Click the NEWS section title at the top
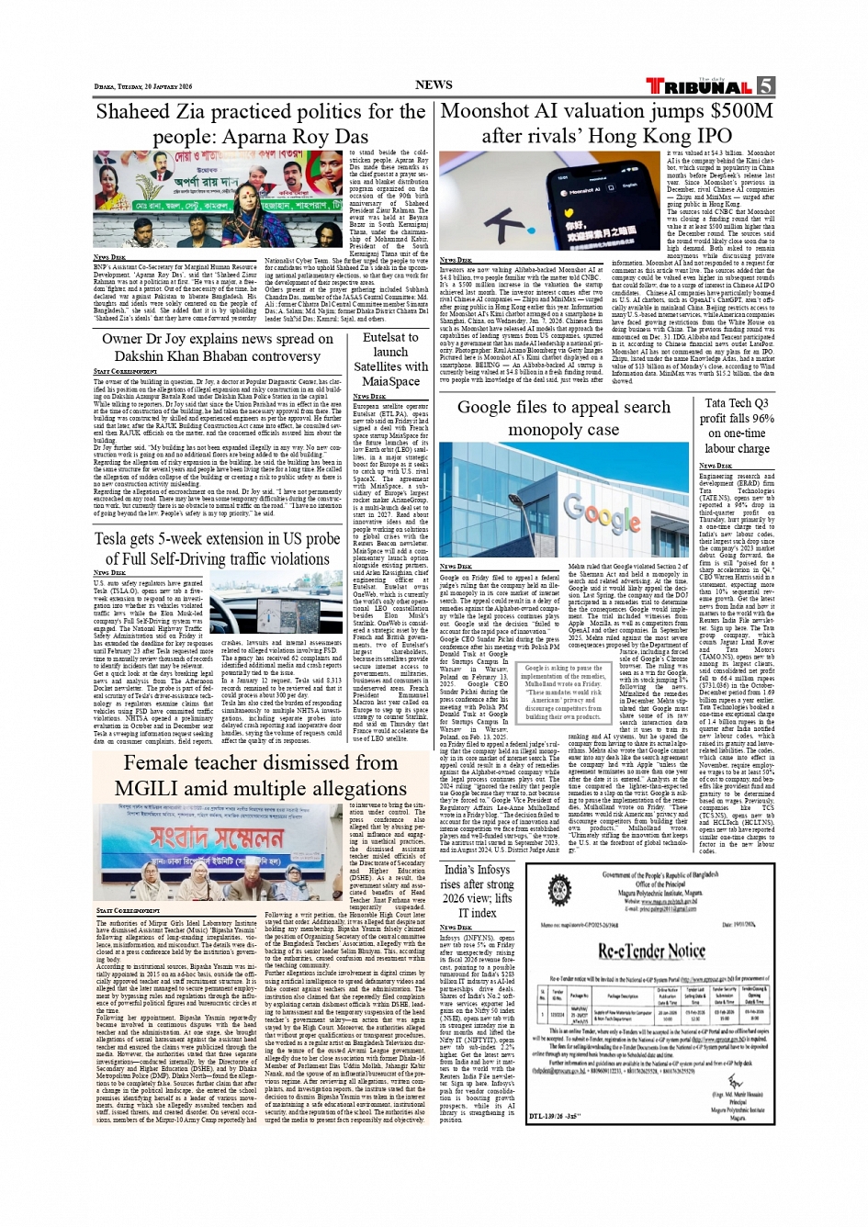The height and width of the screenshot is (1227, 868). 434,84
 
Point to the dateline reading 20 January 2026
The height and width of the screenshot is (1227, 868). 143,87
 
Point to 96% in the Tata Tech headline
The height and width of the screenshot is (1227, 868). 762,418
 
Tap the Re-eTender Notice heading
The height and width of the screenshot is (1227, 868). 651,951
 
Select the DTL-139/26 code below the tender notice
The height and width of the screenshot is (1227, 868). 555,1117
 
